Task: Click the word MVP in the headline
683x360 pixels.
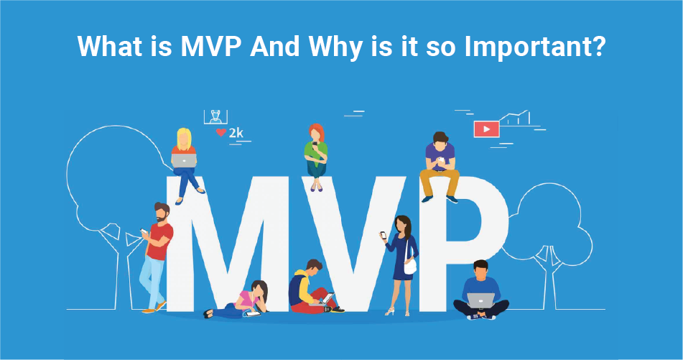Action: (x=211, y=46)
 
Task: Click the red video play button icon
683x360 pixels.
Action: (x=486, y=129)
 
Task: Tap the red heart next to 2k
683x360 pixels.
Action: (x=221, y=132)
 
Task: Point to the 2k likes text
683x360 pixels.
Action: (x=236, y=132)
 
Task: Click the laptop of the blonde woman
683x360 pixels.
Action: (x=184, y=160)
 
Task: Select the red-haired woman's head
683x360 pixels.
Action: (x=317, y=132)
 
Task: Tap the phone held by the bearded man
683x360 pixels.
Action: (x=144, y=231)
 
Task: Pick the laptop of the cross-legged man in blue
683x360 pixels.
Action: (x=481, y=300)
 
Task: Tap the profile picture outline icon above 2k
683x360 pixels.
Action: (x=215, y=117)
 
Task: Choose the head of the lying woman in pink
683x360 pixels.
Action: (x=259, y=290)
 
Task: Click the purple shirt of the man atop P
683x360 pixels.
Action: (x=440, y=157)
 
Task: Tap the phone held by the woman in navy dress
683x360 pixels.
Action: (x=384, y=235)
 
